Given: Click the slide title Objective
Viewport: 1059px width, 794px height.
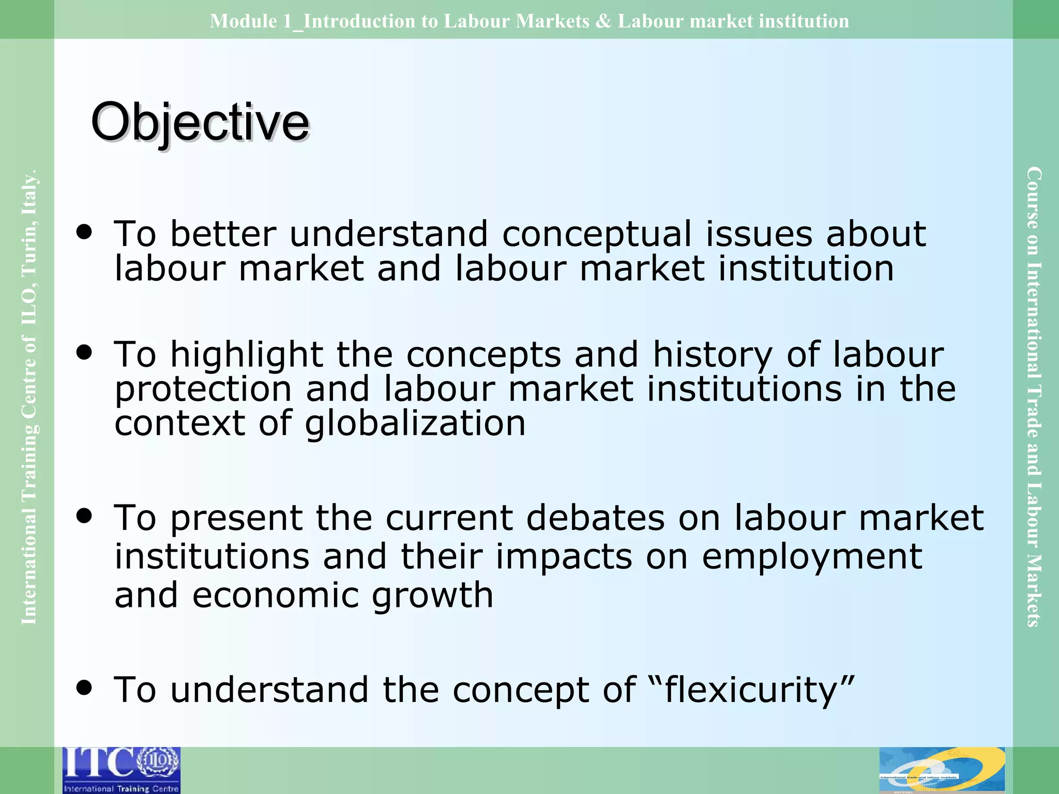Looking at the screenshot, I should [200, 123].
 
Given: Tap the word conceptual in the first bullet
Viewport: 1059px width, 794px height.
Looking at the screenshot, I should [597, 234].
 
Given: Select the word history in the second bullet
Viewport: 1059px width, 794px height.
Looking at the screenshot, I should [713, 355].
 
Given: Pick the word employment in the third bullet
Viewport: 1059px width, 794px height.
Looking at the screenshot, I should [812, 557].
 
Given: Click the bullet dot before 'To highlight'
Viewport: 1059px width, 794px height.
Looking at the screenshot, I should [84, 353].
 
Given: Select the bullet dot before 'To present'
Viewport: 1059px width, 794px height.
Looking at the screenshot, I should [84, 515].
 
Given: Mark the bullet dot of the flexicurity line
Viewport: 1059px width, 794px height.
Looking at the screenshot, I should [84, 688].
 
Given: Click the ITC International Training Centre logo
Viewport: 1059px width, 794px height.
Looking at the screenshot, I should [122, 770].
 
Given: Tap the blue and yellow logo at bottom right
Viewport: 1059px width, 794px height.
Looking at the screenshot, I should [942, 770].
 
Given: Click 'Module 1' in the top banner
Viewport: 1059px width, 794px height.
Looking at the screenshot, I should [251, 21].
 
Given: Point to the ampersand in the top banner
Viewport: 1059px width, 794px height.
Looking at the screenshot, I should [603, 21].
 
